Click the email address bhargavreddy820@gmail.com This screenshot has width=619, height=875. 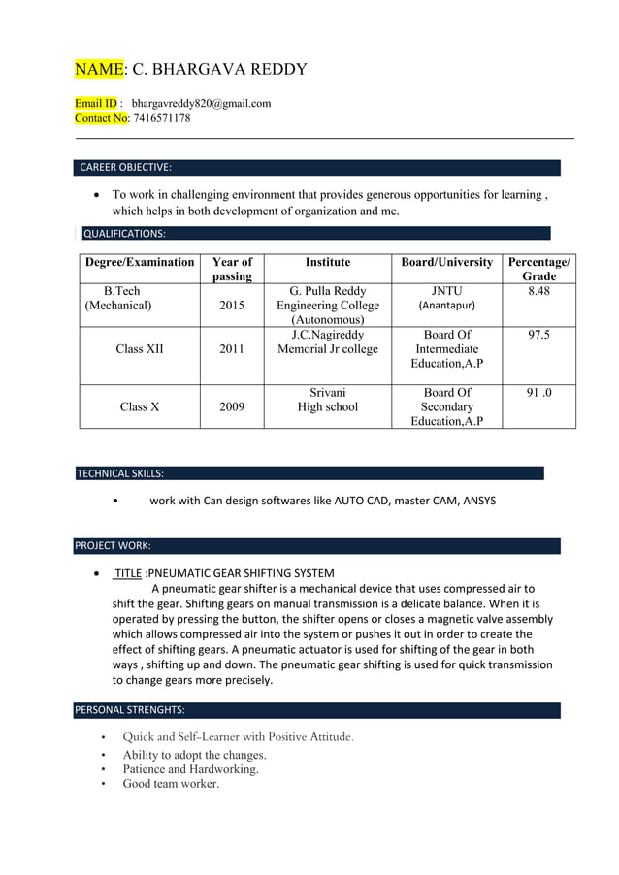pos(201,103)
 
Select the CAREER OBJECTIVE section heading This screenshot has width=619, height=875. pos(125,167)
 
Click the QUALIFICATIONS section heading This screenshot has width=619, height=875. pos(124,234)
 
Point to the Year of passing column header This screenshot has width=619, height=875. pos(232,269)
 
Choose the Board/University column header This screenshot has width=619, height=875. pos(447,262)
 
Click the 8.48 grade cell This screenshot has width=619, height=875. pos(538,291)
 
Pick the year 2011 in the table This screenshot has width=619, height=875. pos(232,349)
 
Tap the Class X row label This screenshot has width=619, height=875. pos(140,407)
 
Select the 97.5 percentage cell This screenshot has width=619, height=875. pos(538,335)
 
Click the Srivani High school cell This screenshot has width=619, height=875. pos(327,400)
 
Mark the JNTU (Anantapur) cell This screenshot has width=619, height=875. pos(446,298)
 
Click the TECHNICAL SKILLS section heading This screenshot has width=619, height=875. pos(120,473)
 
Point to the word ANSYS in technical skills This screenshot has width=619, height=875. pos(478,501)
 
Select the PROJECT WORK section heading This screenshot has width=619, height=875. pos(113,545)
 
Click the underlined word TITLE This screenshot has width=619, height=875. pos(128,573)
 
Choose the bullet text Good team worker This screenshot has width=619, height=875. pos(171,784)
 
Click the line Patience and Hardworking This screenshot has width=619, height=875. pos(190,769)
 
